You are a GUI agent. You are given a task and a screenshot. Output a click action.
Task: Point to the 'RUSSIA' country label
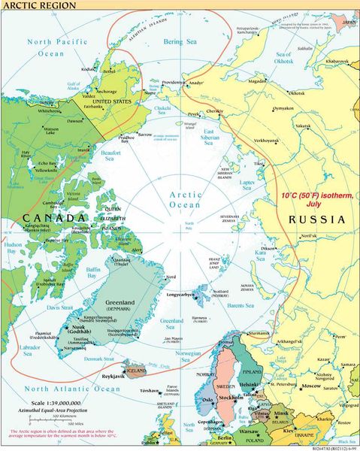(316, 221)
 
